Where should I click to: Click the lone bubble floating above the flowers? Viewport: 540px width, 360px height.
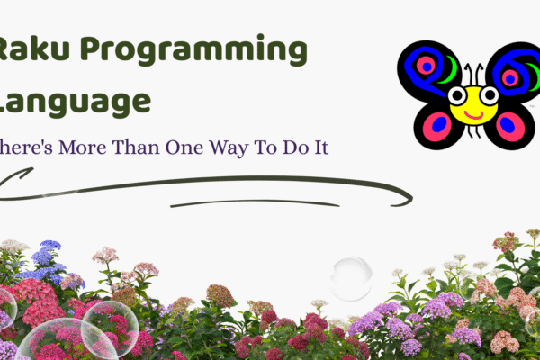coord(350,278)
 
